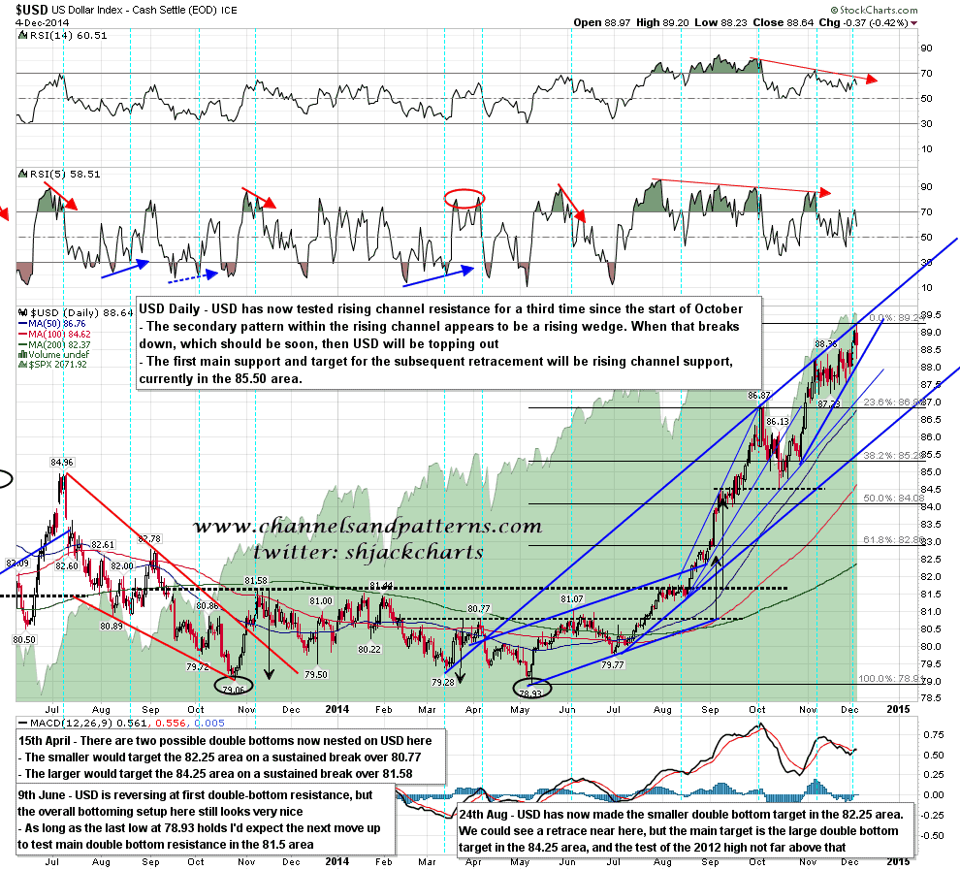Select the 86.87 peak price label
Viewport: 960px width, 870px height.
[759, 396]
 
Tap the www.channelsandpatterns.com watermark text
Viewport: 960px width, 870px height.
[367, 528]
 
